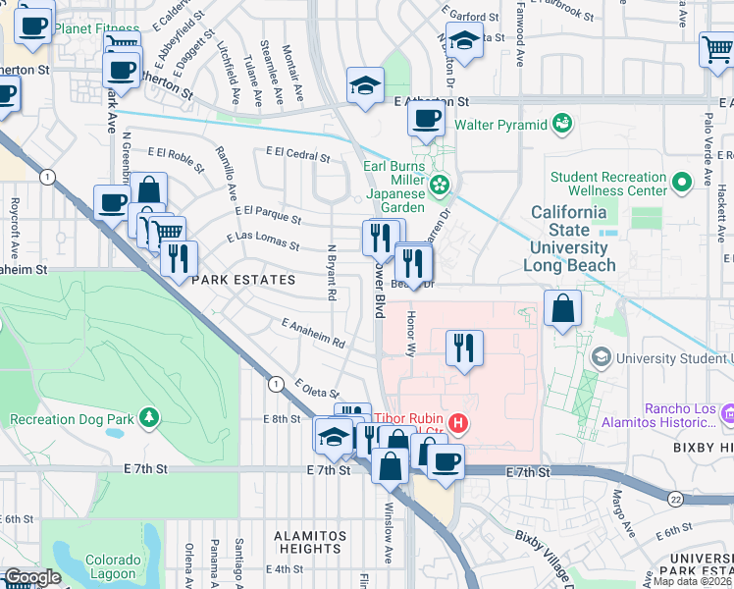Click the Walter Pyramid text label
(498, 125)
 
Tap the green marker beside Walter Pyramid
(562, 124)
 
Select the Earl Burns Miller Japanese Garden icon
(440, 184)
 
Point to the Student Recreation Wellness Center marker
(679, 182)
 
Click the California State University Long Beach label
(569, 239)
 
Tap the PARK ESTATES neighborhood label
(243, 280)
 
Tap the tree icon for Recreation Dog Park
(148, 419)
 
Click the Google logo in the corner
(31, 577)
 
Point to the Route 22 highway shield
(675, 500)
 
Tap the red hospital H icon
(457, 426)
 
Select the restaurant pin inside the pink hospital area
(463, 348)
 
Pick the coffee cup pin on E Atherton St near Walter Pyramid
(426, 120)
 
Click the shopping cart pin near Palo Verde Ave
(715, 49)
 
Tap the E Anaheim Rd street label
(313, 334)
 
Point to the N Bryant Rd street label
(333, 272)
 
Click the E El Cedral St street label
(297, 154)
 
